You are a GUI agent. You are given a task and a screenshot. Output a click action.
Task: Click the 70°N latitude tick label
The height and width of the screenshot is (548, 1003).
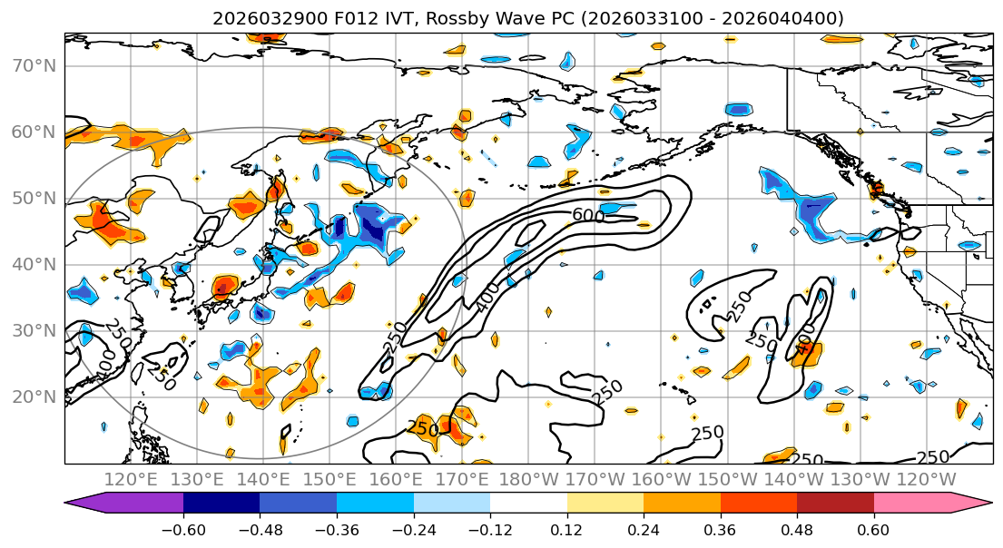tap(33, 65)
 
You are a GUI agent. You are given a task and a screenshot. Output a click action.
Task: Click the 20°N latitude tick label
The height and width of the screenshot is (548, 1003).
tap(33, 396)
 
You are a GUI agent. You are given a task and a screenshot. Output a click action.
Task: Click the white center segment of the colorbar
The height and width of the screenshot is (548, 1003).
tap(528, 504)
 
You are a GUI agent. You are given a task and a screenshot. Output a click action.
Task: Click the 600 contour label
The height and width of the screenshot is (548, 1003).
tap(588, 216)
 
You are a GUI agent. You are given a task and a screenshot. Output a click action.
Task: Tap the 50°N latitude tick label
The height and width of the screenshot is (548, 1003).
tap(33, 198)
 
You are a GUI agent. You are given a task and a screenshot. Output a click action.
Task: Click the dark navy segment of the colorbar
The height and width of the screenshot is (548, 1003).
tap(221, 504)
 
